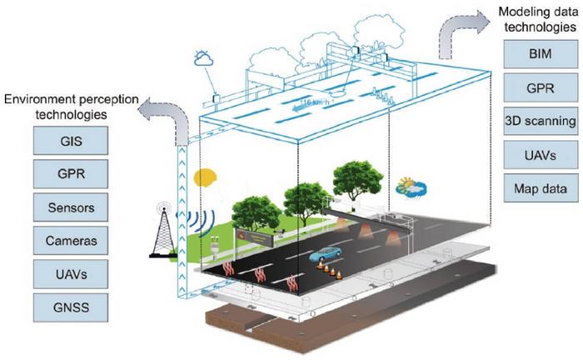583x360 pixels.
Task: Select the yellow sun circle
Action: [x=205, y=178]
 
